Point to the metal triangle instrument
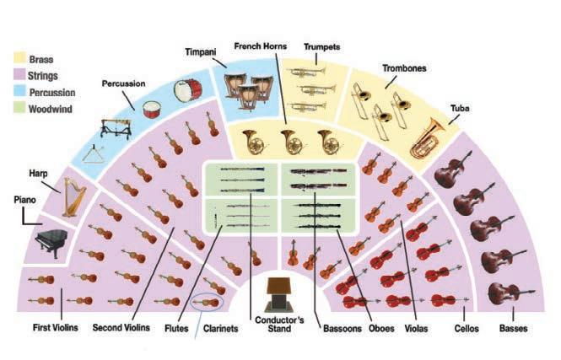[101, 157]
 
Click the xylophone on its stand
[115, 127]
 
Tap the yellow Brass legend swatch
[19, 60]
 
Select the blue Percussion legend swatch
[19, 93]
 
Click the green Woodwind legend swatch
[19, 109]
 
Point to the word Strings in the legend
[43, 77]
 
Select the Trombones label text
[403, 69]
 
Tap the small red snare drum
[152, 108]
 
